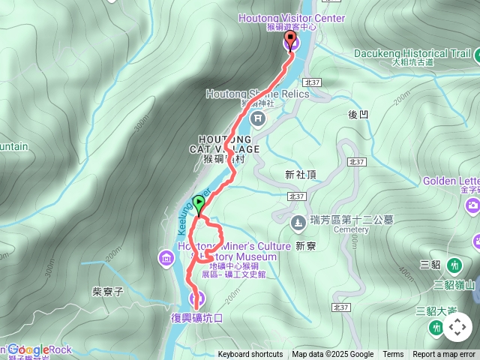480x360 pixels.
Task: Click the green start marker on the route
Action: coord(199,202)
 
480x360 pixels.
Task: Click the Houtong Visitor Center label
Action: coord(292,18)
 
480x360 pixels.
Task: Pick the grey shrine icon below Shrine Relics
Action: coord(258,119)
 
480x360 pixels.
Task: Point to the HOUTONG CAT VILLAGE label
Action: coord(230,144)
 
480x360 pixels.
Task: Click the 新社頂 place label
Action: coord(301,174)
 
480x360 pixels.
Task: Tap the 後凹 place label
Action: coord(358,115)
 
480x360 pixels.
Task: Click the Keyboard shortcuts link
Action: coord(250,355)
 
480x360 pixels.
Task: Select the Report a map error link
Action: coord(445,355)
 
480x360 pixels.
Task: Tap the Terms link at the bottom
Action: coord(393,355)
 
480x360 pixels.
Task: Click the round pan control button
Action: coord(457,327)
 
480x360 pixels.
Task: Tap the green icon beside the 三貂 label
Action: coord(455,265)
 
